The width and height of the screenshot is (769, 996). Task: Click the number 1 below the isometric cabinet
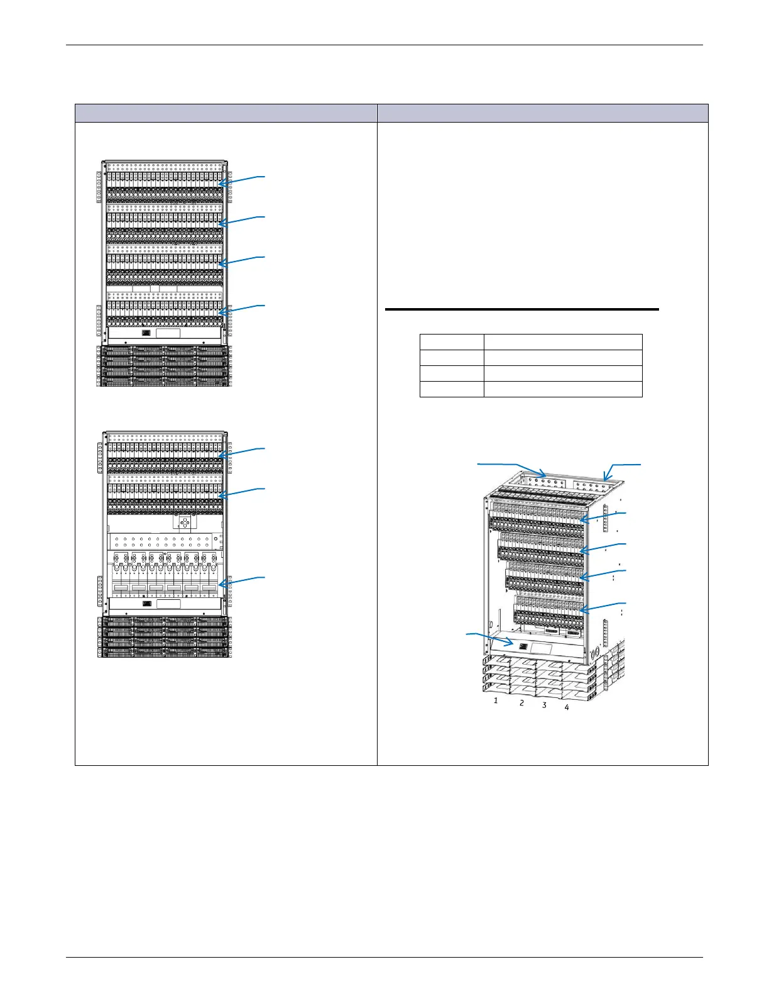point(496,700)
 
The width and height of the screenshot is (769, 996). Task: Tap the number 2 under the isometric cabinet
point(521,703)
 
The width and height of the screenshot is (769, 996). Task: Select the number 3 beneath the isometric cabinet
point(544,705)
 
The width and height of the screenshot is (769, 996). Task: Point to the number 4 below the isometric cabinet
point(567,707)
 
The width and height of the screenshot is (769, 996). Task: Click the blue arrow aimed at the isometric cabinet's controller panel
point(490,639)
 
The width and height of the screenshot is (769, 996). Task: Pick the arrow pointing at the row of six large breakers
point(242,580)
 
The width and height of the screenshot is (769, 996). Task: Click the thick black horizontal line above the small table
point(522,309)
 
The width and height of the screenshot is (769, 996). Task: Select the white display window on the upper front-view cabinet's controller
point(168,334)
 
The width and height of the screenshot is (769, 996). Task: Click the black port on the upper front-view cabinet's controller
point(147,333)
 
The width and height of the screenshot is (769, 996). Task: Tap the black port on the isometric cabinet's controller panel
point(523,646)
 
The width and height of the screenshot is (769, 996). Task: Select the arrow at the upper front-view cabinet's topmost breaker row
point(242,180)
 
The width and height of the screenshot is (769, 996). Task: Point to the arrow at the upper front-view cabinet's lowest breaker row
point(242,308)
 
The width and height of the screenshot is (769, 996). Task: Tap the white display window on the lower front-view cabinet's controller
point(168,604)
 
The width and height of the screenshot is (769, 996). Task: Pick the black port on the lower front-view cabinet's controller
point(147,604)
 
